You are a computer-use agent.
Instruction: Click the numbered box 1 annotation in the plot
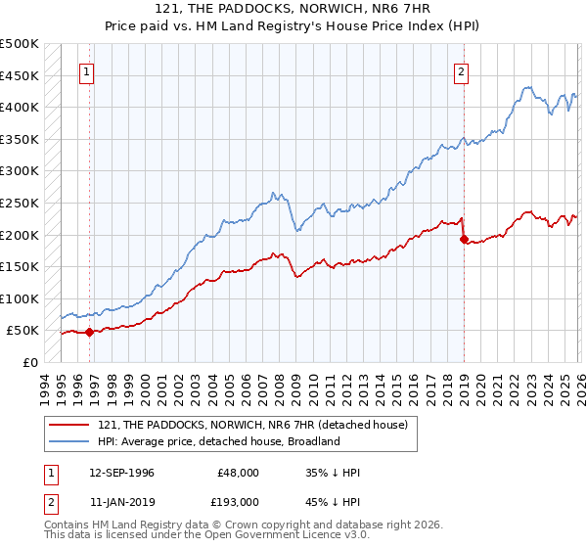pyautogui.click(x=87, y=70)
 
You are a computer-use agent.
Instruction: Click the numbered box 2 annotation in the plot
pyautogui.click(x=461, y=70)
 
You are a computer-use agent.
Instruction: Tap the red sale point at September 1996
pyautogui.click(x=89, y=332)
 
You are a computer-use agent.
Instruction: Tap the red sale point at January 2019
pyautogui.click(x=463, y=239)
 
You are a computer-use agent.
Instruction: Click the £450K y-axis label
pyautogui.click(x=20, y=75)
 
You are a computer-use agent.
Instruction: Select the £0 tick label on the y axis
pyautogui.click(x=29, y=363)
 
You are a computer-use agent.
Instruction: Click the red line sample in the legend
pyautogui.click(x=70, y=424)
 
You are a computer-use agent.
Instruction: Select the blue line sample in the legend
pyautogui.click(x=70, y=441)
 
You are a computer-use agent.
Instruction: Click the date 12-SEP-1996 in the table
pyautogui.click(x=121, y=473)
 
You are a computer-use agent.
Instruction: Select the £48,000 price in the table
pyautogui.click(x=239, y=473)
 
